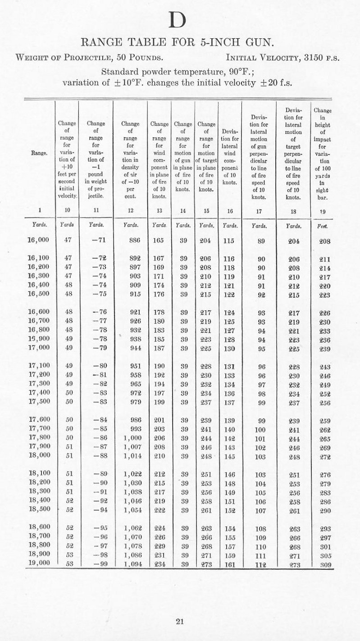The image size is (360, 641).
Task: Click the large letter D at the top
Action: pyautogui.click(x=180, y=19)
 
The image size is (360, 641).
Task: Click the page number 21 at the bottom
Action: pyautogui.click(x=180, y=622)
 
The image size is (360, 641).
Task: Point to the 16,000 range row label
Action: pyautogui.click(x=38, y=241)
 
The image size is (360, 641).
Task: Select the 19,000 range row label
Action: pyautogui.click(x=38, y=563)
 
